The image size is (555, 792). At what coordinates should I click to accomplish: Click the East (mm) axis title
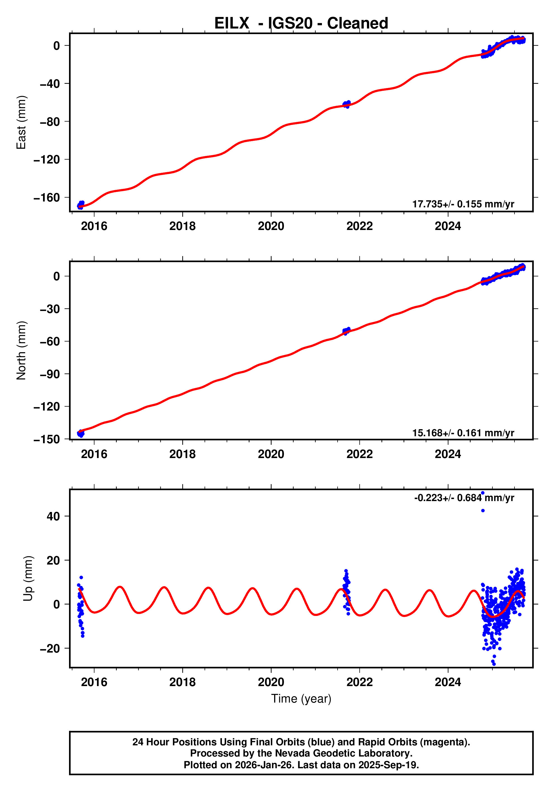(22, 122)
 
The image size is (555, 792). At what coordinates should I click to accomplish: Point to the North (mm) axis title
(22, 350)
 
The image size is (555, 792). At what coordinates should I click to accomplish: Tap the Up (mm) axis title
(28, 578)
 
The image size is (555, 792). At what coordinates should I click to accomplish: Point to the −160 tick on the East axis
(47, 198)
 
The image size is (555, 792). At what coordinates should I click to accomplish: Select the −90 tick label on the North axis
(50, 374)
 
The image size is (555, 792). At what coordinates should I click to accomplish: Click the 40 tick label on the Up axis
(53, 516)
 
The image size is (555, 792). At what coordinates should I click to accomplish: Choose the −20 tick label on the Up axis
(50, 649)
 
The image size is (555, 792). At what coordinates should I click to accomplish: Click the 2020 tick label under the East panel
(271, 226)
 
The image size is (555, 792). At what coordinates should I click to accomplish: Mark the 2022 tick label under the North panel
(359, 454)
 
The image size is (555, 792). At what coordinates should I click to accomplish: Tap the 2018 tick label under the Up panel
(182, 682)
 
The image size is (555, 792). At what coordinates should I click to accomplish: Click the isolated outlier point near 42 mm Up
(483, 511)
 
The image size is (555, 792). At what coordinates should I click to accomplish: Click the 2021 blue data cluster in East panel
(347, 104)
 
